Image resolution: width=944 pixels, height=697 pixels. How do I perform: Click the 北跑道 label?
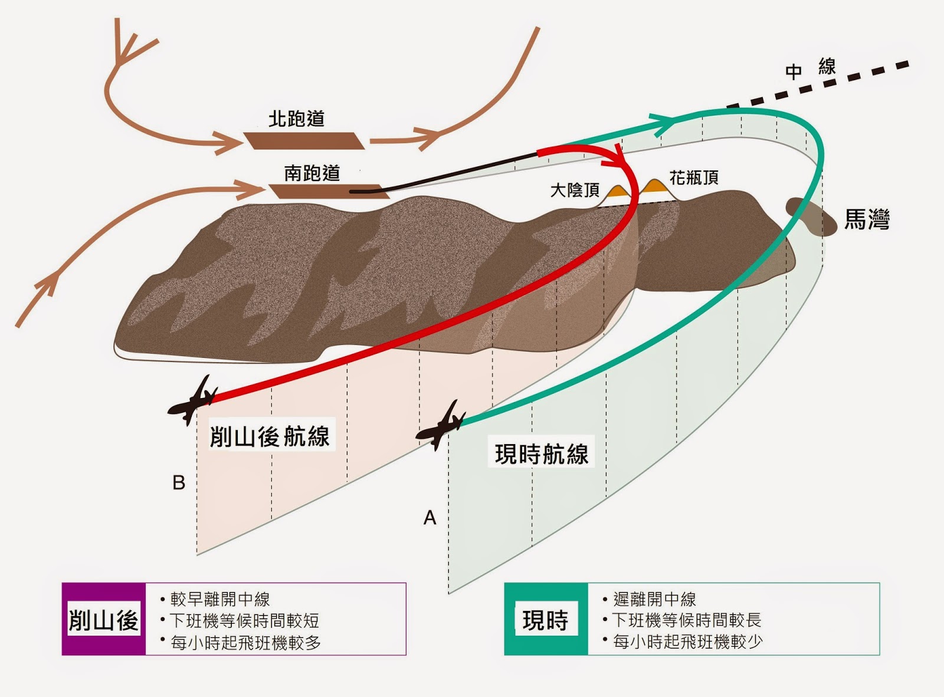pyautogui.click(x=296, y=119)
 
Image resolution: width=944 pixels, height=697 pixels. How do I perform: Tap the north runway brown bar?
pyautogui.click(x=304, y=141)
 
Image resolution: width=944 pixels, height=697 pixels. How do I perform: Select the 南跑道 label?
pyautogui.click(x=312, y=173)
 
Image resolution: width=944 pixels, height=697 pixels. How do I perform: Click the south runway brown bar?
pyautogui.click(x=327, y=192)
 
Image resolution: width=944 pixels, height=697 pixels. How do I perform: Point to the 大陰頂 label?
pyautogui.click(x=575, y=190)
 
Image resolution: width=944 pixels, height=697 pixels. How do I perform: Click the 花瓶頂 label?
pyautogui.click(x=694, y=177)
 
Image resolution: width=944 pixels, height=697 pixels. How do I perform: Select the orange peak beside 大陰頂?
pyautogui.click(x=617, y=191)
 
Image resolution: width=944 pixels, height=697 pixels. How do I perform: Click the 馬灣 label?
pyautogui.click(x=867, y=220)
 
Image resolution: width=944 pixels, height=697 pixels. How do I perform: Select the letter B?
pyautogui.click(x=179, y=483)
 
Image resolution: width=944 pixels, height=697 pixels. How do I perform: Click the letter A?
pyautogui.click(x=430, y=518)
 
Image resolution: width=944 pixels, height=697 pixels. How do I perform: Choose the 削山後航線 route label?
pyautogui.click(x=270, y=436)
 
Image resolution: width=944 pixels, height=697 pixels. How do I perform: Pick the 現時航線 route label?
pyautogui.click(x=542, y=454)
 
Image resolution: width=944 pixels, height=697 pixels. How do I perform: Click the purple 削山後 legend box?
pyautogui.click(x=104, y=619)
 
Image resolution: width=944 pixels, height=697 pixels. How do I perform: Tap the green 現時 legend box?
pyautogui.click(x=546, y=619)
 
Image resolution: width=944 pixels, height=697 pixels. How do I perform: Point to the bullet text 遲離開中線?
pyautogui.click(x=654, y=600)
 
